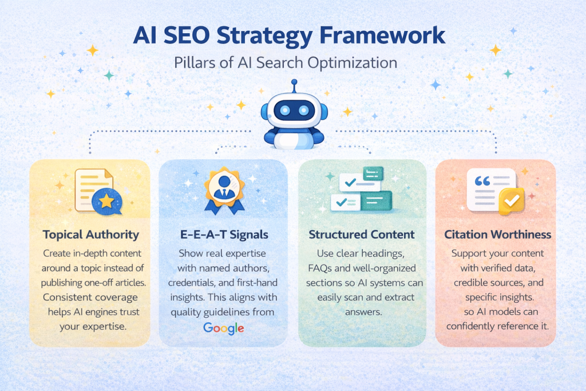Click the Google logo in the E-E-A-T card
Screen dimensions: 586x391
(x=224, y=328)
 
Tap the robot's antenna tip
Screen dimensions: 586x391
(x=294, y=81)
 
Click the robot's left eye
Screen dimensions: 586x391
(x=285, y=110)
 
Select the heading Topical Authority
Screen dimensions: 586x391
(x=91, y=234)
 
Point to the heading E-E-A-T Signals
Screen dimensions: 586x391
(x=224, y=234)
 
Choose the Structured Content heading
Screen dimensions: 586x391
(x=362, y=234)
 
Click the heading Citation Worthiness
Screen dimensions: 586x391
(x=497, y=234)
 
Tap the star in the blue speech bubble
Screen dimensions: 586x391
(x=106, y=201)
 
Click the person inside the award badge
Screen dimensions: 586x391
(x=224, y=188)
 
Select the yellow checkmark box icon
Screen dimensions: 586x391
(x=511, y=201)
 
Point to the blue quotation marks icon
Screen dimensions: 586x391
(x=482, y=181)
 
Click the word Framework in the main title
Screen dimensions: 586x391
(x=382, y=35)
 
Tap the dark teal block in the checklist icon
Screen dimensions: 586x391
(x=377, y=201)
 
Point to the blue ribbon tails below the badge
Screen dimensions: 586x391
(x=224, y=207)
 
